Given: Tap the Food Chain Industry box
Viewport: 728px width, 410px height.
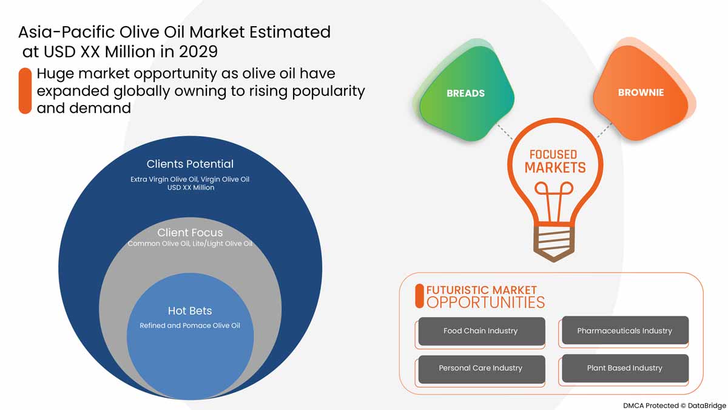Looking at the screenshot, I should [480, 331].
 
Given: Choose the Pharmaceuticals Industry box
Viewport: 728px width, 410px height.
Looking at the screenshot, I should [624, 331].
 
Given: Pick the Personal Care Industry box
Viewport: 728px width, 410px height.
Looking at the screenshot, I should [480, 368].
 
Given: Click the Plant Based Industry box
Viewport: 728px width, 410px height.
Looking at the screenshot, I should [624, 368].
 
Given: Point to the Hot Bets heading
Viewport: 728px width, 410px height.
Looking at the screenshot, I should [190, 311].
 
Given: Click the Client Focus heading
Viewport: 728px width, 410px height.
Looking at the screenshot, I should [190, 233].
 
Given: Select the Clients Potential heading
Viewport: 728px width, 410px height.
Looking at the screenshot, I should [190, 164].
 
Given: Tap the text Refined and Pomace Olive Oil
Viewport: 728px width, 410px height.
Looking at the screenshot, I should [190, 326].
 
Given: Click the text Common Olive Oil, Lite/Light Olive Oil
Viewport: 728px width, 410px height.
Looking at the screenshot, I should [190, 244].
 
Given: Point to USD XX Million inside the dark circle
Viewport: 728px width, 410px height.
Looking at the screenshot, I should [190, 188].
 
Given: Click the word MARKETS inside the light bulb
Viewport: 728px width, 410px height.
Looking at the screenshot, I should [555, 168].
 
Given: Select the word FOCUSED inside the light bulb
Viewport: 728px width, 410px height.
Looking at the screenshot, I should [553, 154].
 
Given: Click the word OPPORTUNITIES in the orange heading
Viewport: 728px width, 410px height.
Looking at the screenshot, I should [485, 302].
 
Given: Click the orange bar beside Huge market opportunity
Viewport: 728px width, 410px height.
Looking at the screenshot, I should [25, 91].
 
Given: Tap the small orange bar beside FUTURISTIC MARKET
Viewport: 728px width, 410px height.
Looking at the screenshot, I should [419, 296].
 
